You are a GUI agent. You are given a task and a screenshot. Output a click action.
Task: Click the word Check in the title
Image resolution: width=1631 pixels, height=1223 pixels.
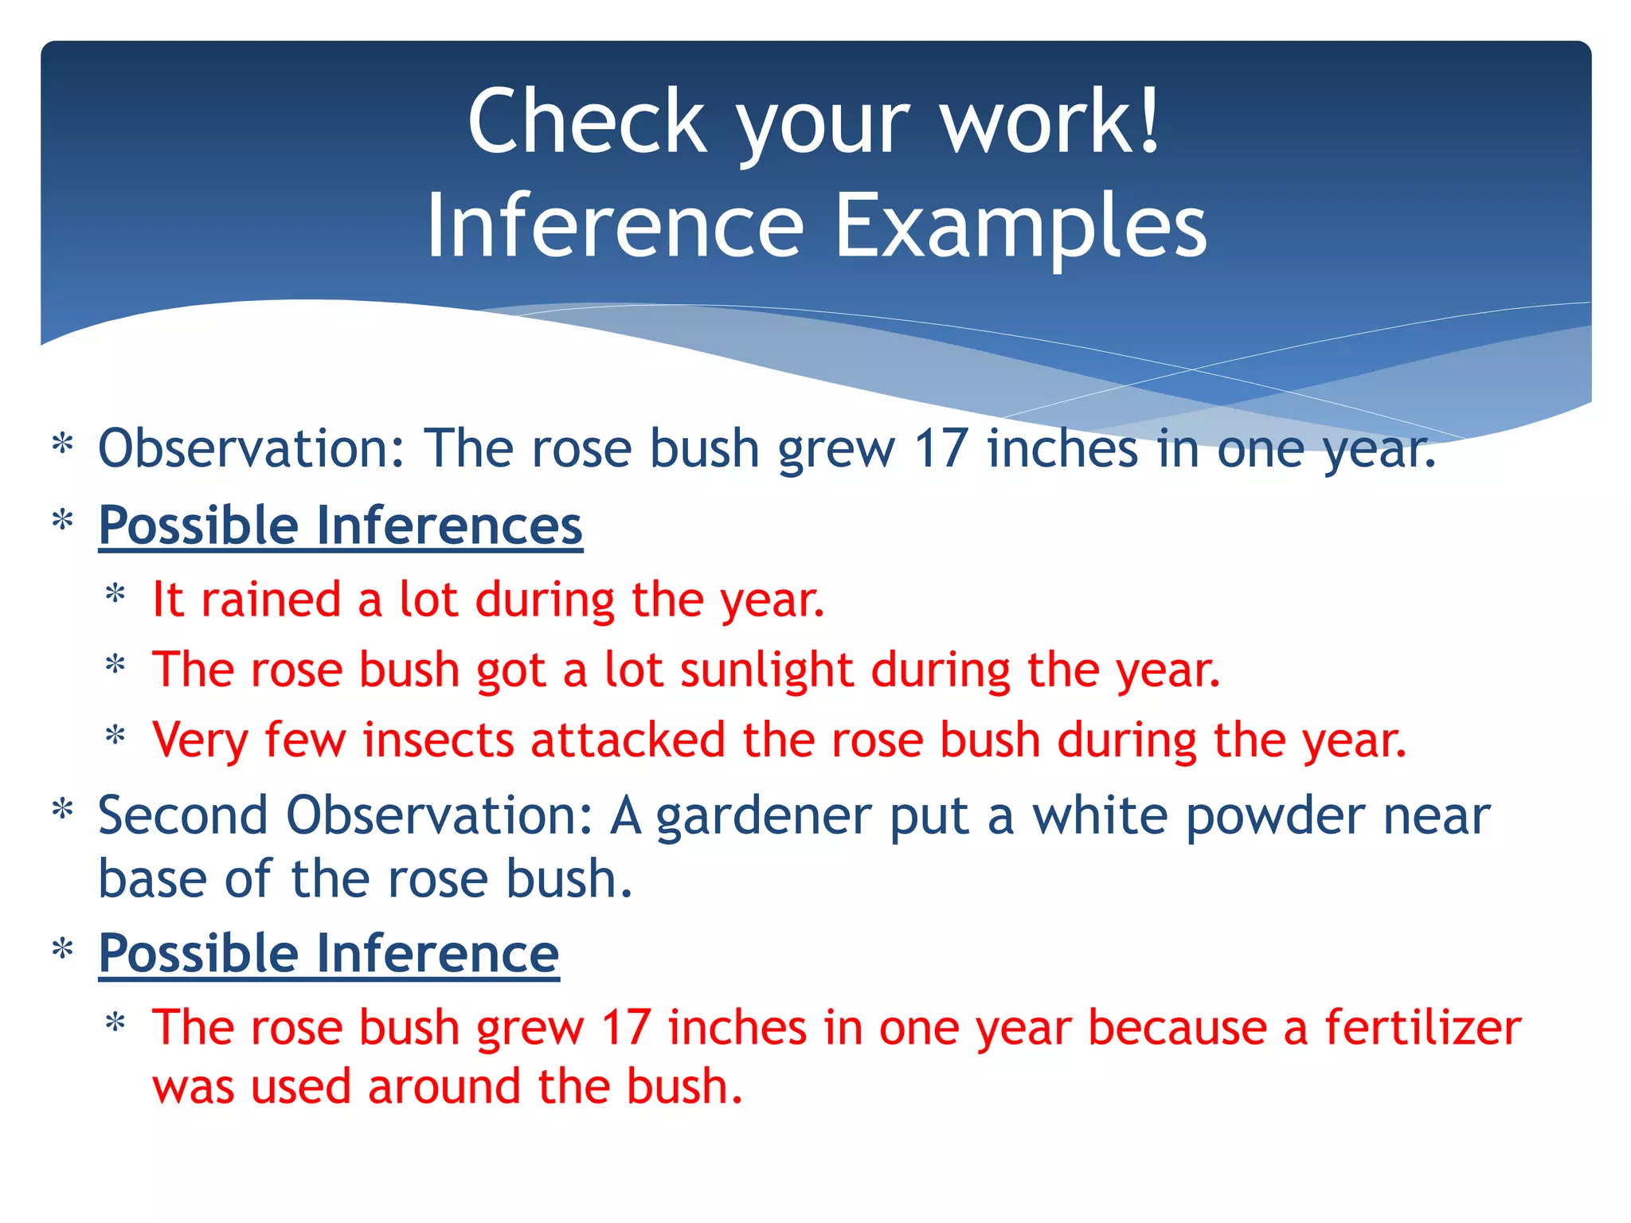coord(587,122)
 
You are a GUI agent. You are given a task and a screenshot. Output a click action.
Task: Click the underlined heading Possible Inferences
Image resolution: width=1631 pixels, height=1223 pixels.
coord(340,526)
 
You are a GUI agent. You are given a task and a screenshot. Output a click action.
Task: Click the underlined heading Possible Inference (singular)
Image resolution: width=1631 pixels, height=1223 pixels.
coord(328,954)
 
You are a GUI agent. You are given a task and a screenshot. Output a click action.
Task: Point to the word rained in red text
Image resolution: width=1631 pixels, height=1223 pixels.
coord(271,600)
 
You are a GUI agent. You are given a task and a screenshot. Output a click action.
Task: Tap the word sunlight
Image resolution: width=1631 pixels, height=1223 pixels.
coord(766,670)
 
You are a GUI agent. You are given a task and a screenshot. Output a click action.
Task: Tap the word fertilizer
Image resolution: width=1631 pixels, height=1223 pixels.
coord(1422,1027)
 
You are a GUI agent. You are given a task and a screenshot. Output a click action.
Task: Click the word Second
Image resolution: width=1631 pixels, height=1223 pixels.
coord(183,816)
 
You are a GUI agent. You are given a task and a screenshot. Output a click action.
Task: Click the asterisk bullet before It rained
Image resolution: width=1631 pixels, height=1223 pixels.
coord(116,596)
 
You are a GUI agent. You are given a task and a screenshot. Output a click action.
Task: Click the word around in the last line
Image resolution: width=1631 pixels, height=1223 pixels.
coord(444,1087)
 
